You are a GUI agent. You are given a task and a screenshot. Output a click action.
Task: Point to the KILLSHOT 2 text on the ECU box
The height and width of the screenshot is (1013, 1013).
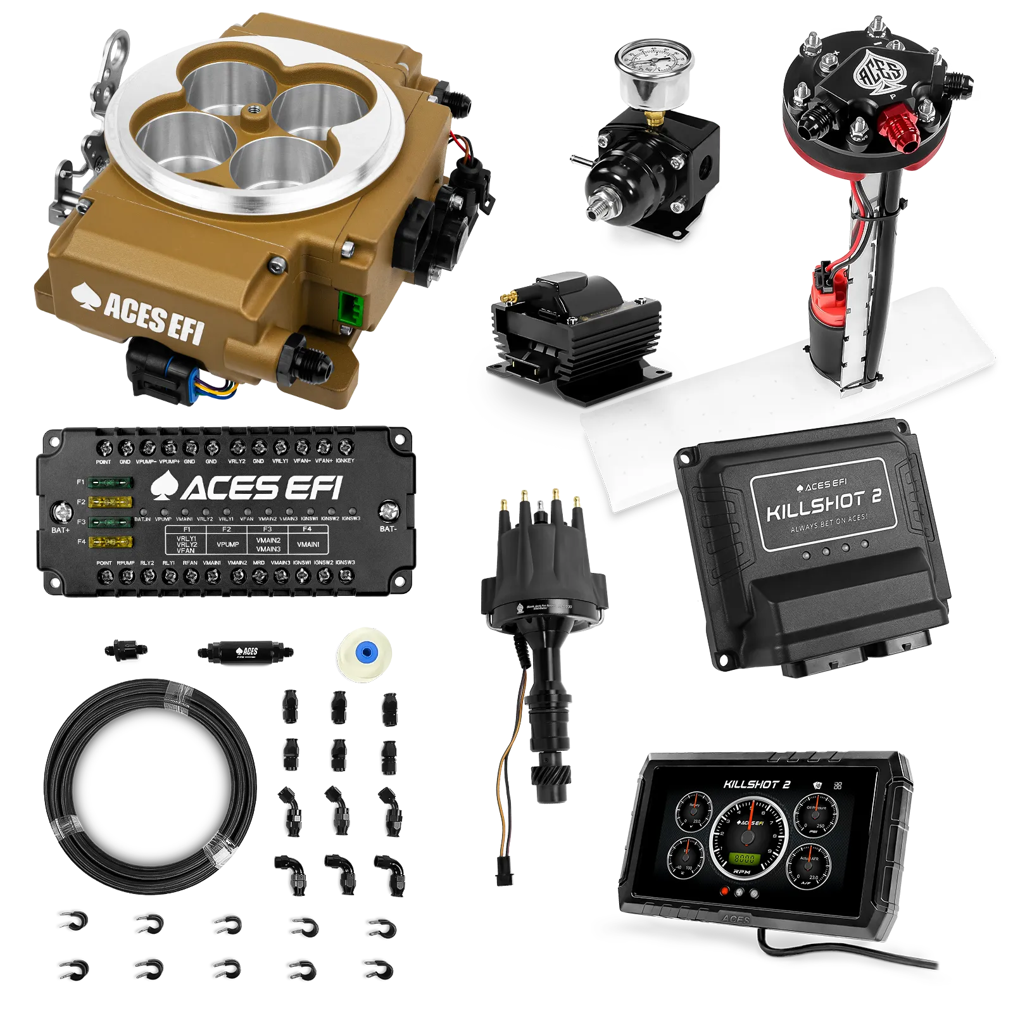823,502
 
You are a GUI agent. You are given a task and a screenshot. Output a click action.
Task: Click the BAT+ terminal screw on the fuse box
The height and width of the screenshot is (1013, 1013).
62,510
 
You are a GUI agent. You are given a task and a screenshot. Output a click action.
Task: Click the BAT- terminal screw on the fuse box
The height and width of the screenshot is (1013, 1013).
388,510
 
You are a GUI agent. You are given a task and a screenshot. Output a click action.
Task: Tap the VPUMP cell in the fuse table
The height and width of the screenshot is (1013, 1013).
227,544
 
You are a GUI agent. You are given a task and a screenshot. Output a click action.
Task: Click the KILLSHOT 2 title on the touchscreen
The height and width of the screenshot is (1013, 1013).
757,784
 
